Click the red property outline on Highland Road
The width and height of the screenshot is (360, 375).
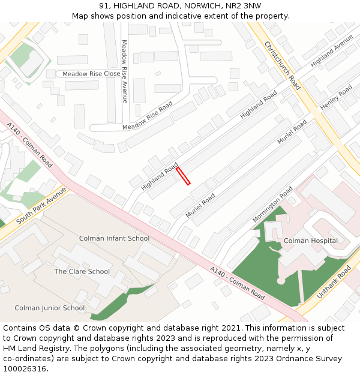(183, 176)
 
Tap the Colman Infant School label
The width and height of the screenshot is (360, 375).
(114, 238)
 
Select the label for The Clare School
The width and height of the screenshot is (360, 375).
(82, 271)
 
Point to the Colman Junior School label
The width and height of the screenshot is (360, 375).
(50, 308)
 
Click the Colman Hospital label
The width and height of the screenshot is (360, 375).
(311, 241)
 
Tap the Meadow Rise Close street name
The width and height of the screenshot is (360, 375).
(91, 74)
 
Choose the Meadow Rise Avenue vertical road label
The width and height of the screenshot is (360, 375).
(124, 71)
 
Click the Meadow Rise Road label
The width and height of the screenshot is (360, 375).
(148, 116)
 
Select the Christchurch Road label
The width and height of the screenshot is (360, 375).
(282, 65)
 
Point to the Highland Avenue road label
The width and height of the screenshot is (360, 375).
(332, 50)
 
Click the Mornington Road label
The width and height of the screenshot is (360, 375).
(272, 204)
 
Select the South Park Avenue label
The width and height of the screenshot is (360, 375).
(41, 205)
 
